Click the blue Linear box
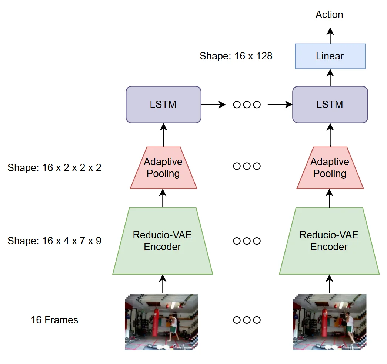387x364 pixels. click(330, 56)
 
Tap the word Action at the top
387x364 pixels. click(329, 15)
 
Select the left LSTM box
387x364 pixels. click(163, 105)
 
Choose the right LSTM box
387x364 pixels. click(330, 105)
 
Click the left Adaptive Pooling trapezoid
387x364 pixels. click(163, 168)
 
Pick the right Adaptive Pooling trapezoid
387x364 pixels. click(330, 168)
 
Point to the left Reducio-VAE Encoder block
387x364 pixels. click(163, 241)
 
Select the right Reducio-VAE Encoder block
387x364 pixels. click(329, 241)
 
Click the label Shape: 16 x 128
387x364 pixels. click(236, 56)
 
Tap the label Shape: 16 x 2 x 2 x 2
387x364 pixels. click(54, 168)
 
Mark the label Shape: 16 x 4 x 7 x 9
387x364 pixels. click(54, 241)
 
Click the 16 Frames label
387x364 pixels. click(55, 320)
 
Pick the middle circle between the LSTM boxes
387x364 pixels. click(247, 105)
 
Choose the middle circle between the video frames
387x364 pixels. click(247, 320)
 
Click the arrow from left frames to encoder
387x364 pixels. click(163, 284)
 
